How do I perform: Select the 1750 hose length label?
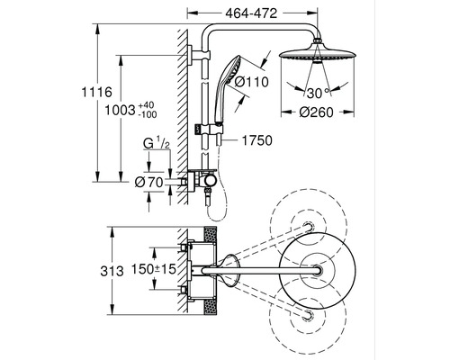pyautogui.click(x=257, y=139)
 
